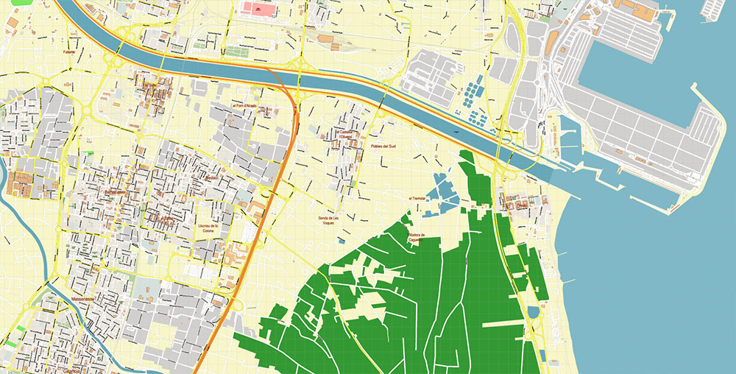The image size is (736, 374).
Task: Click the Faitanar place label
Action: click(68, 52)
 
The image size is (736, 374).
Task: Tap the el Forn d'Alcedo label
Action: click(244, 106)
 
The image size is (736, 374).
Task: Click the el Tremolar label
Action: click(417, 198)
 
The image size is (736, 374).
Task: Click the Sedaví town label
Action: click(212, 178)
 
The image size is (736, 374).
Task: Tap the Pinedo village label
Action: click(522, 207)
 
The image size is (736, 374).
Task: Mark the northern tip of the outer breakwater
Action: click(694, 85)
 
